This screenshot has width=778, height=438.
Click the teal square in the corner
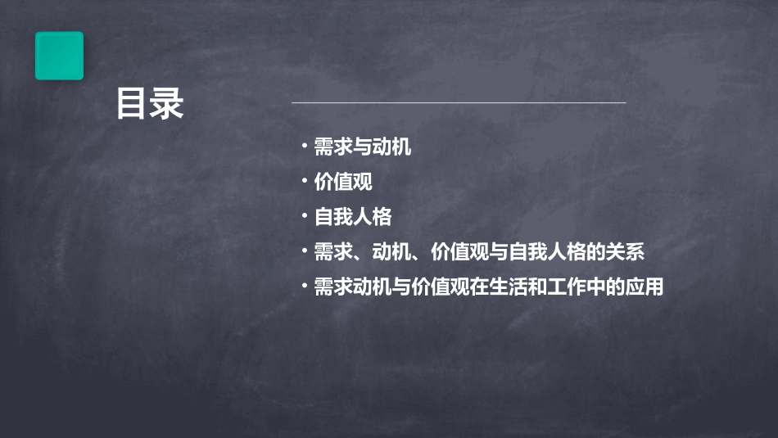59,56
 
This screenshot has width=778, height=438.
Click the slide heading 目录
150,105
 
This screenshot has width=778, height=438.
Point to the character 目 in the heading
133,105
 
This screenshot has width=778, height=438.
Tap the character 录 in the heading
167,105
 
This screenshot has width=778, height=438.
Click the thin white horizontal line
459,102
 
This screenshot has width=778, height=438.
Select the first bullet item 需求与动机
363,147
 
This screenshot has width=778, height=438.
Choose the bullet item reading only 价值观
343,182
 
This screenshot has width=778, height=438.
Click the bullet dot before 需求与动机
305,147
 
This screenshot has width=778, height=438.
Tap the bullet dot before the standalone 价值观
305,181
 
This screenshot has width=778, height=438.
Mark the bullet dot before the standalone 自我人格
305,216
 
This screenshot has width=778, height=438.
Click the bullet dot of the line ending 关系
305,251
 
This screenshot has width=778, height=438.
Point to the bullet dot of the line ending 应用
305,287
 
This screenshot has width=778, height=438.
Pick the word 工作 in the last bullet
586,287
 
